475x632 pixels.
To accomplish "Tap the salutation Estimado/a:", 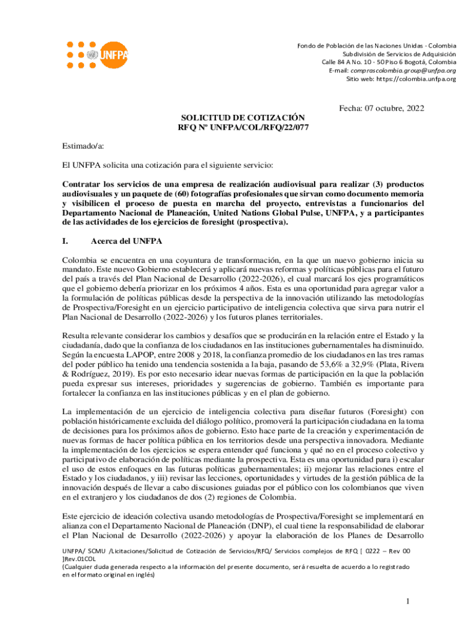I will click(x=83, y=146).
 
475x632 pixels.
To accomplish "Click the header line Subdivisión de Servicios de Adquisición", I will click(x=395, y=54).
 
